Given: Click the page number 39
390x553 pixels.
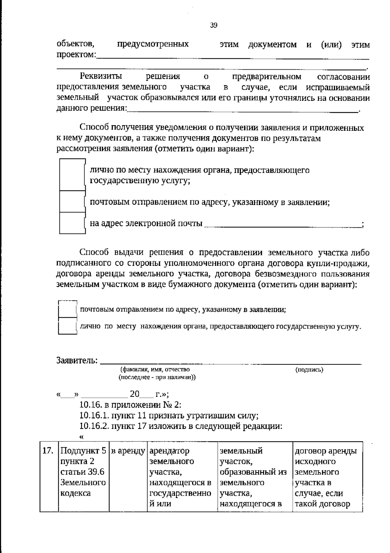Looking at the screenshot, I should [x=214, y=25].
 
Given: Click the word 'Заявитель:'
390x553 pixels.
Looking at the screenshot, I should [x=77, y=360].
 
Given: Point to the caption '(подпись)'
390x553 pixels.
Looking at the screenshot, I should [x=309, y=370].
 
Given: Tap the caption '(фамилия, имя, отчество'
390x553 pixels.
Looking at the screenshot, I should [x=155, y=370].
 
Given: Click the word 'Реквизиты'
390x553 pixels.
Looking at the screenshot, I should [x=101, y=77].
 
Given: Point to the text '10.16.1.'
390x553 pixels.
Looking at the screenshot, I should [x=94, y=416].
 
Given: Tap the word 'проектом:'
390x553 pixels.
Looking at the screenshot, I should [x=76, y=55].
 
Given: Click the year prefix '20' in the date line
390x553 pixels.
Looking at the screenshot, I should [x=134, y=394].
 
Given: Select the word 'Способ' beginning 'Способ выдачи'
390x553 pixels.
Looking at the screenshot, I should [x=94, y=253].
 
